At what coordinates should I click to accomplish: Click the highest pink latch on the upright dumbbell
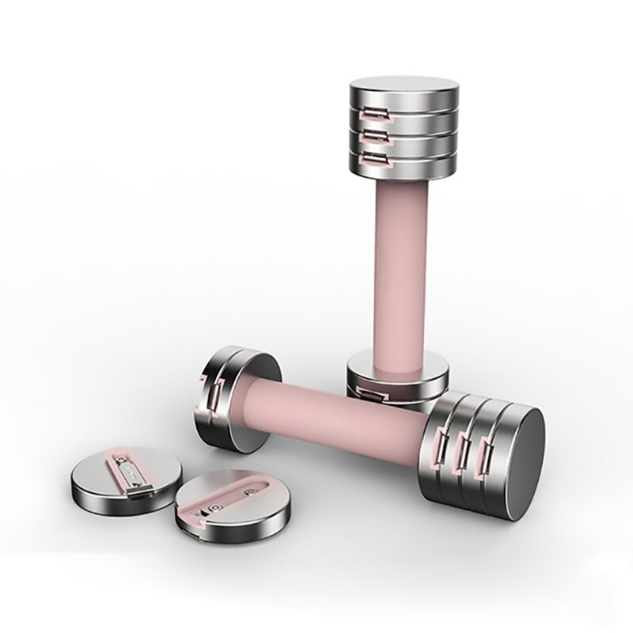(371, 116)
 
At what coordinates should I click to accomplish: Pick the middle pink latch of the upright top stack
(371, 138)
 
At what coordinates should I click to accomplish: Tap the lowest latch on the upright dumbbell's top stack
(371, 161)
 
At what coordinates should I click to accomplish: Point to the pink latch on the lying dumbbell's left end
(212, 395)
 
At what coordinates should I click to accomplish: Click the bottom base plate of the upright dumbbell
(396, 378)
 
